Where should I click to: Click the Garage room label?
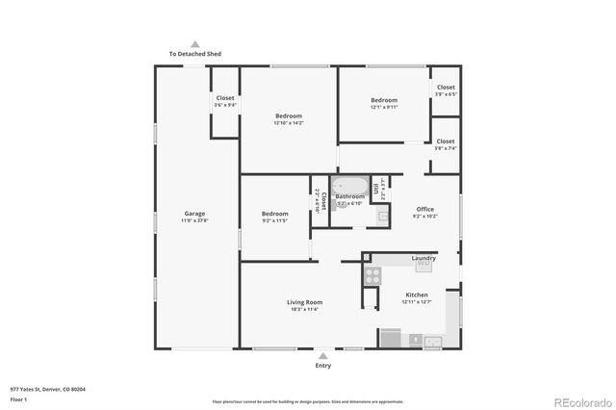(195, 214)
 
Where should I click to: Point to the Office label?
(425, 209)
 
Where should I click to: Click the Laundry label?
(423, 258)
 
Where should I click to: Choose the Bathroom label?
(349, 196)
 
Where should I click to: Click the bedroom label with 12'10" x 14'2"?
(289, 116)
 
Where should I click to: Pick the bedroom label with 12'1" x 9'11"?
(384, 100)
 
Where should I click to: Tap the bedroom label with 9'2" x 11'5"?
(275, 214)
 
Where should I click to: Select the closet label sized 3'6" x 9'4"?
(225, 98)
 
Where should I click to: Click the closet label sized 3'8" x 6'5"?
(446, 88)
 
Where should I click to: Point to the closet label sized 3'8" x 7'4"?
(446, 141)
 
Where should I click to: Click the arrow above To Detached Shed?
(195, 43)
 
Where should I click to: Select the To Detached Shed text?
(195, 55)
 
